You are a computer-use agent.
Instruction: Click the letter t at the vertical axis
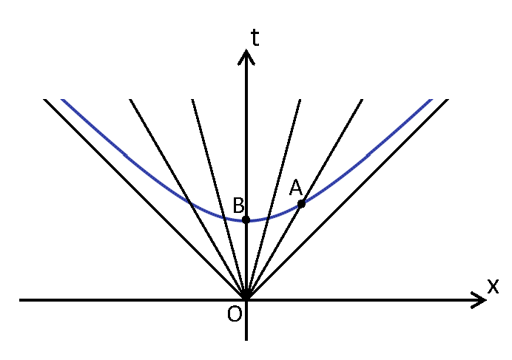[255, 38]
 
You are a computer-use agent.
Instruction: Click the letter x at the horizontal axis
[493, 286]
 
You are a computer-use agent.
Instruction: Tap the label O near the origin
[234, 314]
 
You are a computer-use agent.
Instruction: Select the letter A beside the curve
[296, 189]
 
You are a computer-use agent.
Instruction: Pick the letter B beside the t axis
[238, 205]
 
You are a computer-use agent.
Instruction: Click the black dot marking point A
[301, 203]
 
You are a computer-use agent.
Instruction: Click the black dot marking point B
[246, 220]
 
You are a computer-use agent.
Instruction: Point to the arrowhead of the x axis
[481, 300]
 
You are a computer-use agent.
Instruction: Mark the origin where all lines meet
[246, 300]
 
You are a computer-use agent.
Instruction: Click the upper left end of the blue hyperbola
[63, 99]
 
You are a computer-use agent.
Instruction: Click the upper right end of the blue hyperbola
[431, 99]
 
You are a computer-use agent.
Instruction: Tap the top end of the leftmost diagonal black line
[45, 99]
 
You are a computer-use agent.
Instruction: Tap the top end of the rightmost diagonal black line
[448, 99]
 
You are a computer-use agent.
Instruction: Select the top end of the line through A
[362, 99]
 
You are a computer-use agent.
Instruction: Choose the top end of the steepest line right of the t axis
[300, 99]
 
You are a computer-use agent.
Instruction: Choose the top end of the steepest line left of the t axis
[192, 99]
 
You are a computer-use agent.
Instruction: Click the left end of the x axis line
[20, 300]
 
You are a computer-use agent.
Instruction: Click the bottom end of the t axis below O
[246, 340]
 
